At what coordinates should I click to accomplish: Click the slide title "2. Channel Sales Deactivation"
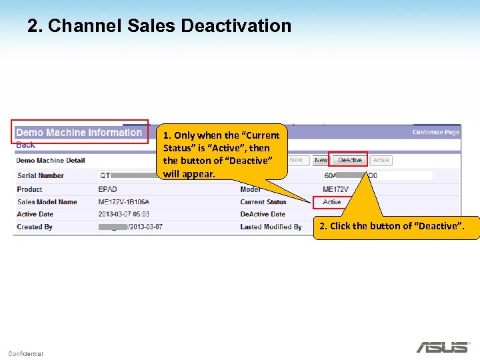pos(159,26)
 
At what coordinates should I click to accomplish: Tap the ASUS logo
pos(442,347)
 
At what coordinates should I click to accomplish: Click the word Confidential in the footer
pos(25,353)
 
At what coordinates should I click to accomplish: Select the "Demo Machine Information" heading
pos(79,133)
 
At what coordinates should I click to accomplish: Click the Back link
pos(25,145)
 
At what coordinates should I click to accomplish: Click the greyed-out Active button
pos(381,160)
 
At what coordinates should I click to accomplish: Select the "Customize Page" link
pos(435,132)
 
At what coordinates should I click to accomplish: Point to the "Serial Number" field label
pos(41,175)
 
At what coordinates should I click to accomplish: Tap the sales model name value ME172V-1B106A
pos(124,202)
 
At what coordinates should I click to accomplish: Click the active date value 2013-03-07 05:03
pos(124,214)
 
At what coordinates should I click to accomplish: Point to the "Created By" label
pos(35,227)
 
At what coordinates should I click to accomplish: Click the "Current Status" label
pos(263,202)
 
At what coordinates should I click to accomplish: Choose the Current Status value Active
pos(332,202)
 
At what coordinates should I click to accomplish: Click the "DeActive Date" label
pos(263,214)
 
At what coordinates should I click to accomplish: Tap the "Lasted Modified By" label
pos(271,227)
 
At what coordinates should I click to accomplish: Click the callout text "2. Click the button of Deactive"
pos(397,226)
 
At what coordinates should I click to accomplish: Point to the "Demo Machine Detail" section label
pos(51,160)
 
